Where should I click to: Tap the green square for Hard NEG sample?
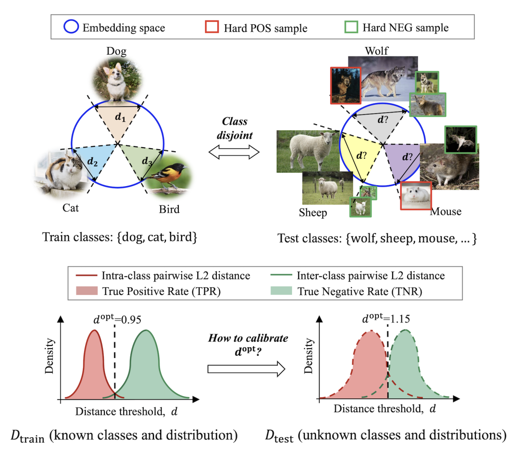(352, 27)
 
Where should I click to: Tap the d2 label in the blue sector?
(92, 162)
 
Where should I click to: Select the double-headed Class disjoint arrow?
(234, 153)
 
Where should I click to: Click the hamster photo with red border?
(415, 196)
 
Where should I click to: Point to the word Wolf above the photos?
(376, 51)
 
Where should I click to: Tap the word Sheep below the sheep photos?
(313, 212)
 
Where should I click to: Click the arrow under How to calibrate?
(246, 368)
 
